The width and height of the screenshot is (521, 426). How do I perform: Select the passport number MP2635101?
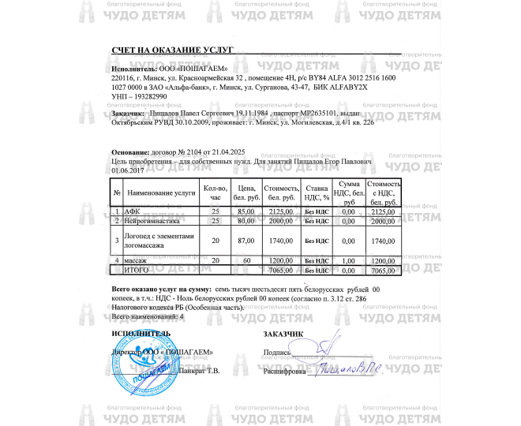coord(298,114)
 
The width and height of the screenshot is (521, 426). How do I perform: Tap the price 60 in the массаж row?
coord(246,260)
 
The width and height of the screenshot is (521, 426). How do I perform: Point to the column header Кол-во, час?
coord(216,192)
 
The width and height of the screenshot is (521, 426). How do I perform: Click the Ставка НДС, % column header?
coord(316,192)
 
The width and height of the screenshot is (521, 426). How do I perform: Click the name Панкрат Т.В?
coord(201,370)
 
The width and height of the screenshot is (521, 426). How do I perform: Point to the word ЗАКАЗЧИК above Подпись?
coord(283,333)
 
